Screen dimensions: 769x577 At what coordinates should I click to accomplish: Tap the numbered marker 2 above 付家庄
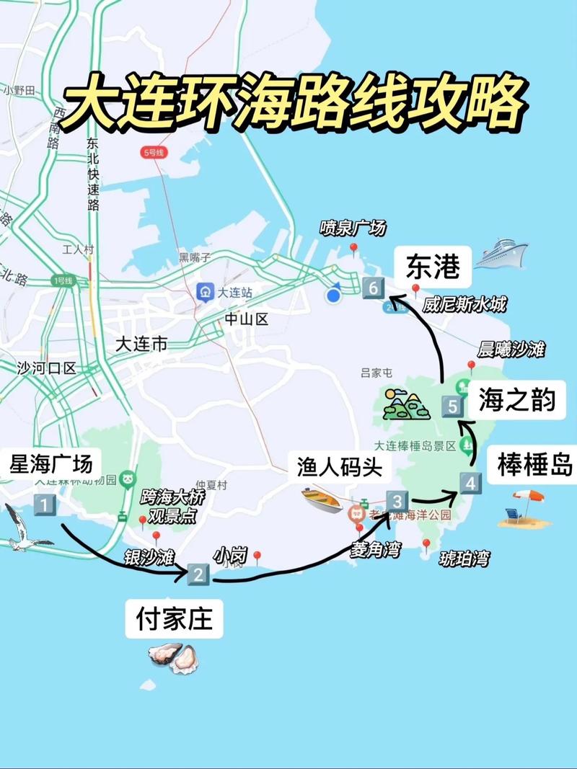(198, 574)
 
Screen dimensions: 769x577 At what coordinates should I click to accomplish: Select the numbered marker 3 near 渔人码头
(397, 501)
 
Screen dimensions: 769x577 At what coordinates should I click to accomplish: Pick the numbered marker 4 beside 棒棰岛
(471, 484)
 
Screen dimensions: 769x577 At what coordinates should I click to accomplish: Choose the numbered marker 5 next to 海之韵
(453, 406)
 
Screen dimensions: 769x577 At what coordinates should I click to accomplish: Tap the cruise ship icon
(501, 254)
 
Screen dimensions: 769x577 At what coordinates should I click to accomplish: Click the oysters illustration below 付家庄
(173, 657)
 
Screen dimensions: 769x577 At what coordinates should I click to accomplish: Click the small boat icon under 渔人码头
(322, 499)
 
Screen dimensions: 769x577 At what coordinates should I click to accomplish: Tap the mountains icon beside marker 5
(406, 404)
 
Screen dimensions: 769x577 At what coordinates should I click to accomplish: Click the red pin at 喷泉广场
(354, 249)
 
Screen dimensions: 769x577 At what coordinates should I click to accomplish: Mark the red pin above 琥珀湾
(426, 543)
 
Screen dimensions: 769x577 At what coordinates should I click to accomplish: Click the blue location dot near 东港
(333, 295)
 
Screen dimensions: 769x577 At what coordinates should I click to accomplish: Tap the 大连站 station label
(225, 292)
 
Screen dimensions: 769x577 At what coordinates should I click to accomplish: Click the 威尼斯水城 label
(464, 305)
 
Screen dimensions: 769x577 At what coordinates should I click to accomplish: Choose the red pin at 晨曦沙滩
(472, 366)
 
